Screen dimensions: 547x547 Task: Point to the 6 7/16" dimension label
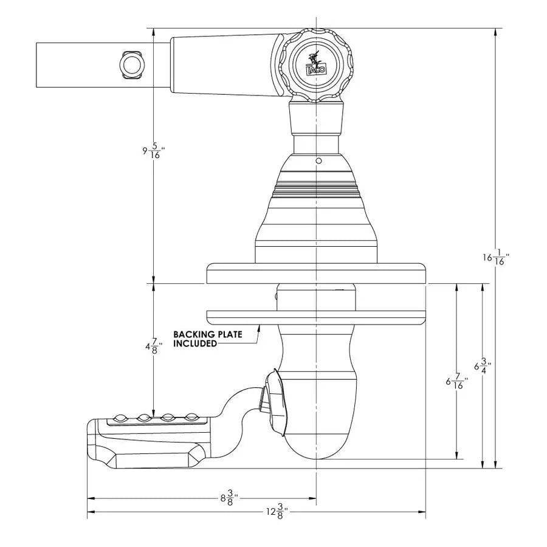[x=456, y=382]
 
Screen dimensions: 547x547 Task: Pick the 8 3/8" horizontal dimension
[x=229, y=498]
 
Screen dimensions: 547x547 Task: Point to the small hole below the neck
[x=318, y=162]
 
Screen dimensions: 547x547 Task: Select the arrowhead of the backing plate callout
[x=259, y=327]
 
